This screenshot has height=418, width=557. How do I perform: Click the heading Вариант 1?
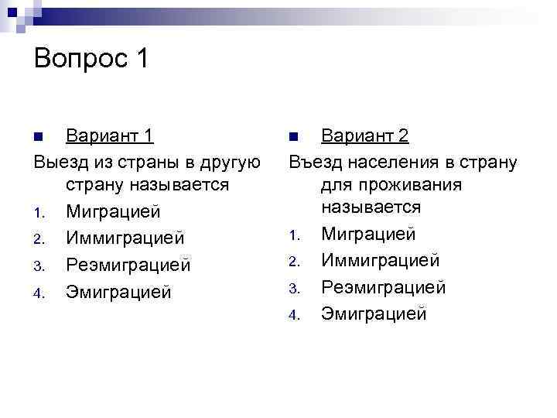[x=109, y=136]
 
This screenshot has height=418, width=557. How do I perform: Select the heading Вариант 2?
[x=365, y=136]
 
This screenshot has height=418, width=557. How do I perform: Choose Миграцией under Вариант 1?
[x=113, y=211]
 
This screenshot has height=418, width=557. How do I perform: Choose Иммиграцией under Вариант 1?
[x=125, y=238]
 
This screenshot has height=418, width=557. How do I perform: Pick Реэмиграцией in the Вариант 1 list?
[x=128, y=265]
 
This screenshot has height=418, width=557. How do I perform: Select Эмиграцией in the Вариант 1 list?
[x=118, y=292]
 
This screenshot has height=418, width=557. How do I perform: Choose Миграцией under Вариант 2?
[x=368, y=234]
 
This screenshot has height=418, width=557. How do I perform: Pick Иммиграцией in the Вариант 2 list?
[x=381, y=261]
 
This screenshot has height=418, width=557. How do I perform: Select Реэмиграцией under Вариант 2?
[x=384, y=287]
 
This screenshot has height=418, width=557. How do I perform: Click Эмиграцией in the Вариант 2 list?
[x=374, y=313]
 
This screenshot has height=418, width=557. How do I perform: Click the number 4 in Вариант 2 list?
[x=294, y=315]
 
